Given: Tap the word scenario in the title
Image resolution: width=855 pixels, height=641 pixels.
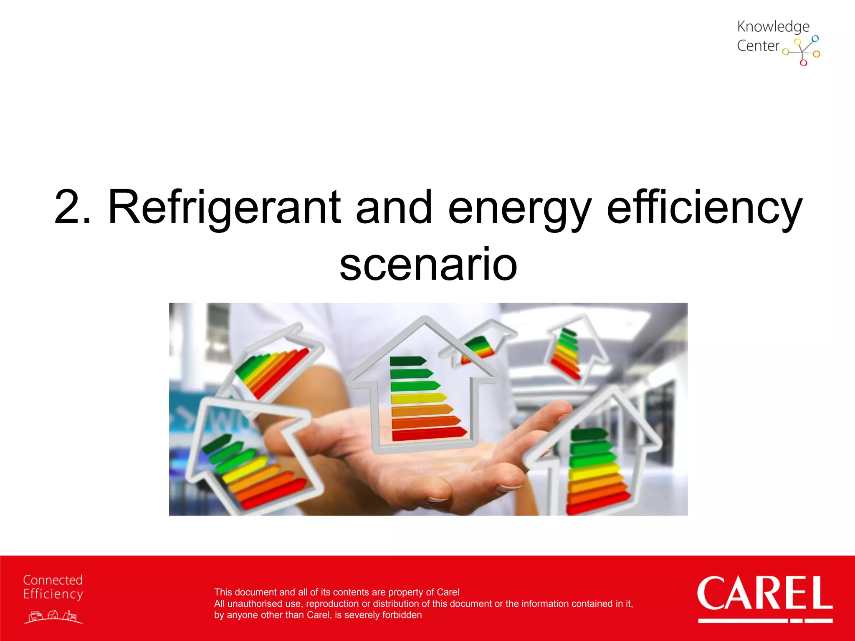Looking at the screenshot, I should (x=428, y=264).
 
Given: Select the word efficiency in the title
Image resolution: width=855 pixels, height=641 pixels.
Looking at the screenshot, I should (x=704, y=207).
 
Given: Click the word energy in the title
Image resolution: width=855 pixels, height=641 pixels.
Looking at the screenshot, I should (x=519, y=207).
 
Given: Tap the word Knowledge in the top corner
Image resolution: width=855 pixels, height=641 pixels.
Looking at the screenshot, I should (x=773, y=27).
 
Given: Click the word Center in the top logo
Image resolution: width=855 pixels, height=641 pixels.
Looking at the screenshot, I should (x=758, y=45).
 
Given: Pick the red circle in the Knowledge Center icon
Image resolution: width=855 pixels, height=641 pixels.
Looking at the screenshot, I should (x=803, y=63).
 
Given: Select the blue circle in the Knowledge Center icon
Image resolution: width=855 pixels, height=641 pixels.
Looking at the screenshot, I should (x=815, y=38).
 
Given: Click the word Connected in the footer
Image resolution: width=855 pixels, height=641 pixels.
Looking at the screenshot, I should (x=53, y=580).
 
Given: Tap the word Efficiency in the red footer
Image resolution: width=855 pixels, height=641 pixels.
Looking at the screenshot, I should (x=53, y=594).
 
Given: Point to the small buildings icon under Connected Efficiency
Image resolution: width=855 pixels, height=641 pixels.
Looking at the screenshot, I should (x=53, y=616).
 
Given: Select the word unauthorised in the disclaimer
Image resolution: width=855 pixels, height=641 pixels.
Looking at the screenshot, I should (x=265, y=604).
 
